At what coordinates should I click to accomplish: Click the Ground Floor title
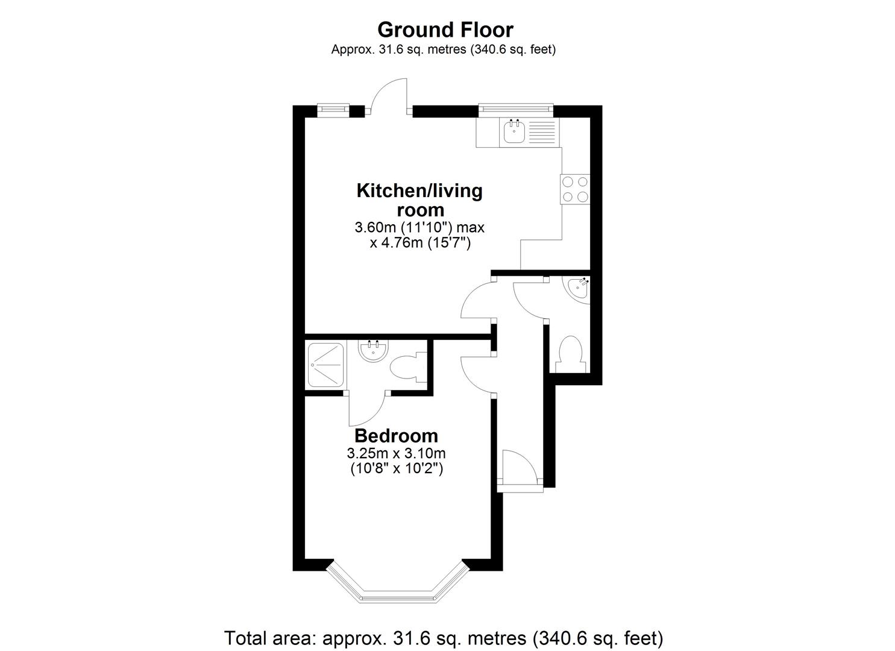pos(445,30)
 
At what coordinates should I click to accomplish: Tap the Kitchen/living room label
pos(419,200)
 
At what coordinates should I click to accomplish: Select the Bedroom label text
pos(396,435)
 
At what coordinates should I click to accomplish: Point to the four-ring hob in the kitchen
pos(575,189)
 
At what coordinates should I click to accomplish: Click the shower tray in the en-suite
pos(326,365)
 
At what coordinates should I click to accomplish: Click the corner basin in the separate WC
pos(580,290)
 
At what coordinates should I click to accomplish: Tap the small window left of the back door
pos(333,108)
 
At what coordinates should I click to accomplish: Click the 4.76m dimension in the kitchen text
pos(420,243)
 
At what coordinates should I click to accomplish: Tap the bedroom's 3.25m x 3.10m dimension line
pos(396,453)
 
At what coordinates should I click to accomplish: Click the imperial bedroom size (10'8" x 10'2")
pos(397,468)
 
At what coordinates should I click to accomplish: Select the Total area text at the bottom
pos(444,637)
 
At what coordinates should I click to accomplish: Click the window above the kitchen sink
pos(515,108)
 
